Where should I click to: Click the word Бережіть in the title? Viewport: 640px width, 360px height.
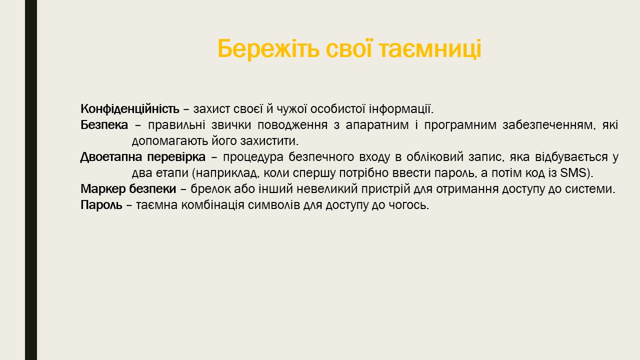click(268, 48)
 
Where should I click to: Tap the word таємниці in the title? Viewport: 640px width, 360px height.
click(430, 49)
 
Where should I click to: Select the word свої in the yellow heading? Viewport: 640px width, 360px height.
click(349, 48)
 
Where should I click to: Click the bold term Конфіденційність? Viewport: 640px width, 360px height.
click(130, 109)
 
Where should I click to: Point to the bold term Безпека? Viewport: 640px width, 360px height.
click(104, 125)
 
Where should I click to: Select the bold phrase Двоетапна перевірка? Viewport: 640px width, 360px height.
click(143, 157)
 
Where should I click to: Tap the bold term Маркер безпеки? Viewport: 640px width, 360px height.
click(128, 189)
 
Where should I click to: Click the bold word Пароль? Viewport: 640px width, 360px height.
click(101, 205)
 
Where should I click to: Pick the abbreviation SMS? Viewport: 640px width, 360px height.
click(573, 173)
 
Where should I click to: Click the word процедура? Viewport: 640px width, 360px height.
click(253, 157)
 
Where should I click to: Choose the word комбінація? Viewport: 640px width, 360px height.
click(213, 205)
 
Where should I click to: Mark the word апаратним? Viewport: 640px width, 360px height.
click(377, 125)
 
